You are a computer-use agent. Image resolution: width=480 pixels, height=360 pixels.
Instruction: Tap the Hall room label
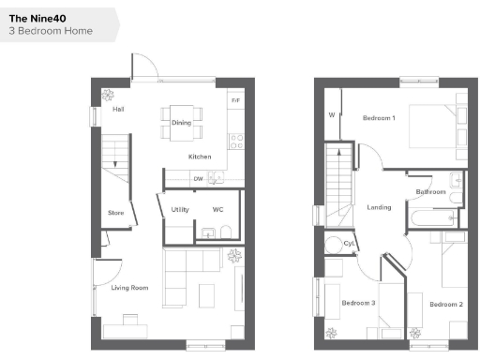click(x=118, y=110)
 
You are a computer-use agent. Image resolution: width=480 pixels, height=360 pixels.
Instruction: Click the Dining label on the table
click(x=181, y=123)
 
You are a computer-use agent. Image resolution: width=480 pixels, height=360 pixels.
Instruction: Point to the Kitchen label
click(x=200, y=157)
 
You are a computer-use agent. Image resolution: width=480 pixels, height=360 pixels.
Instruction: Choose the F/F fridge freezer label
click(x=235, y=98)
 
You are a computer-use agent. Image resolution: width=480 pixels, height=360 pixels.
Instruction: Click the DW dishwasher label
click(x=199, y=178)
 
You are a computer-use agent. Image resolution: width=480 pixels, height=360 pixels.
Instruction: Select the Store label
click(x=115, y=213)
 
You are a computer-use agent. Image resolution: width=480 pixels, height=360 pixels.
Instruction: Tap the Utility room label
click(x=181, y=209)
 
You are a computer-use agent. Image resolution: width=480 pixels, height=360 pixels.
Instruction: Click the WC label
click(x=217, y=209)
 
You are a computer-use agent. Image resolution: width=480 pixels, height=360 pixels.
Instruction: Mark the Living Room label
click(x=130, y=288)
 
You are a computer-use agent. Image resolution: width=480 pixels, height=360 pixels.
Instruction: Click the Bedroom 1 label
click(x=379, y=117)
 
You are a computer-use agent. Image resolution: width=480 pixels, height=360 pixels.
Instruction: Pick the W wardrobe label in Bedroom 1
click(x=332, y=116)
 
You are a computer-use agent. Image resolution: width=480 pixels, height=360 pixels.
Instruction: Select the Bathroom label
click(x=430, y=191)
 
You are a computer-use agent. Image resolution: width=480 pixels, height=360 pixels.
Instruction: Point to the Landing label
click(x=380, y=207)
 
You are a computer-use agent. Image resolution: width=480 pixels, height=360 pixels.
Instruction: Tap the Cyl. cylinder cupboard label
click(x=350, y=244)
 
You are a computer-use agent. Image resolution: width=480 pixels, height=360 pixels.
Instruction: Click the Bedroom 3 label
click(x=358, y=303)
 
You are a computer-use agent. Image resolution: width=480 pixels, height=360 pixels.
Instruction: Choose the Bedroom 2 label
click(x=446, y=304)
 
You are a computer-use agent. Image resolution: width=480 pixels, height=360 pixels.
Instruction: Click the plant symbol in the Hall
click(x=108, y=93)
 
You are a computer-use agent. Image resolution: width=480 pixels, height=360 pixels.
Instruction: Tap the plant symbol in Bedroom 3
click(x=330, y=332)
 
